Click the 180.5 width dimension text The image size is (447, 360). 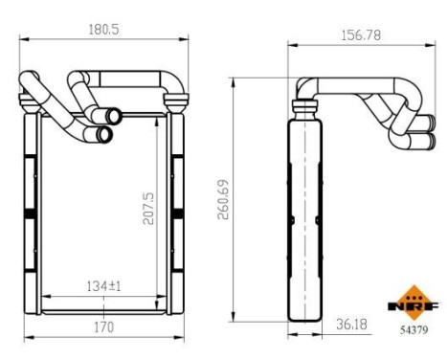click(102, 30)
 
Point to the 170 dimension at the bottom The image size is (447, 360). click(102, 326)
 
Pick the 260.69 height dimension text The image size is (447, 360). click(223, 200)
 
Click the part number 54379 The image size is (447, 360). click(413, 328)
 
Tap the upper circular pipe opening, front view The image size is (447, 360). click(113, 117)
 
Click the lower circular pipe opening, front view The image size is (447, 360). click(104, 133)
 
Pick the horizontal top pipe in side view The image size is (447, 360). click(354, 85)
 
